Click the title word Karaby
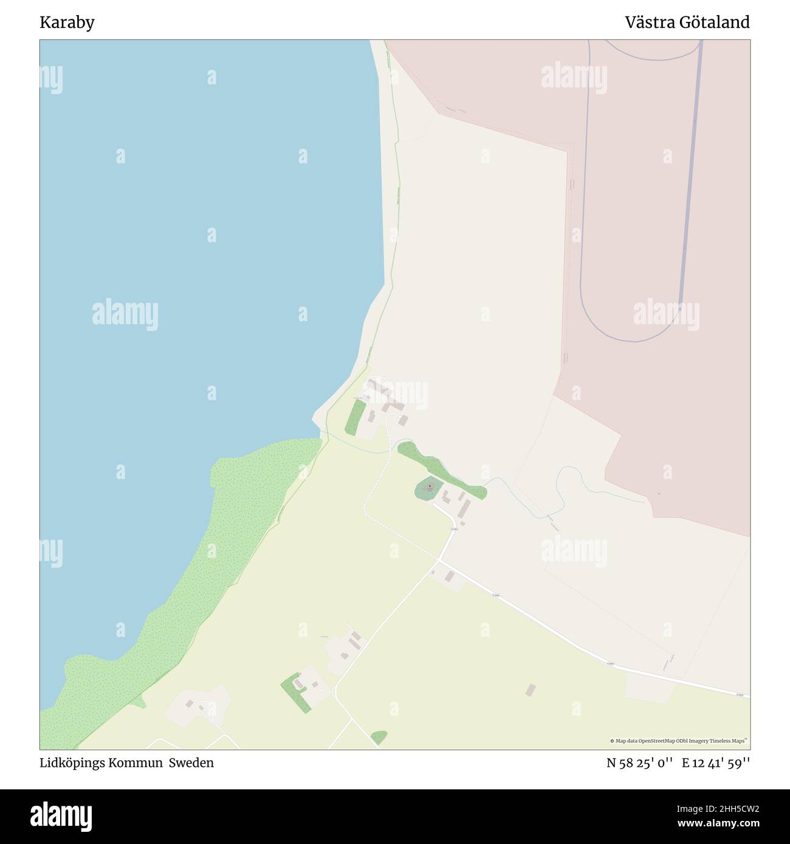[67, 23]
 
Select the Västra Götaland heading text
[687, 23]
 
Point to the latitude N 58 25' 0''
[639, 763]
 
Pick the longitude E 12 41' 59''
[715, 763]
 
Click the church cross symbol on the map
[430, 486]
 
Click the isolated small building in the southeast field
[531, 690]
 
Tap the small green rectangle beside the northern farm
[355, 417]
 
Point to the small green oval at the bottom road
[379, 737]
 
